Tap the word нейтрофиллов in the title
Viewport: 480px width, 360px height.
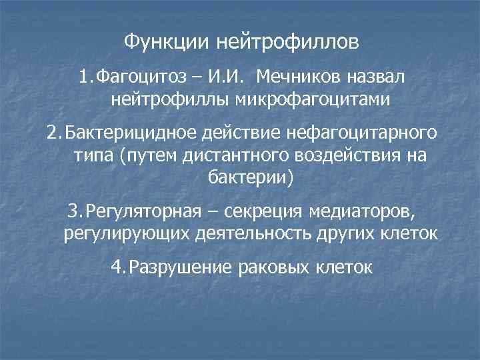coord(287,43)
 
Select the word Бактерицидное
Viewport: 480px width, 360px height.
coord(125,133)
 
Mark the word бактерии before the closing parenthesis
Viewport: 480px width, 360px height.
coord(243,178)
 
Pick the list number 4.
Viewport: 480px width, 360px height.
coord(117,267)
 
